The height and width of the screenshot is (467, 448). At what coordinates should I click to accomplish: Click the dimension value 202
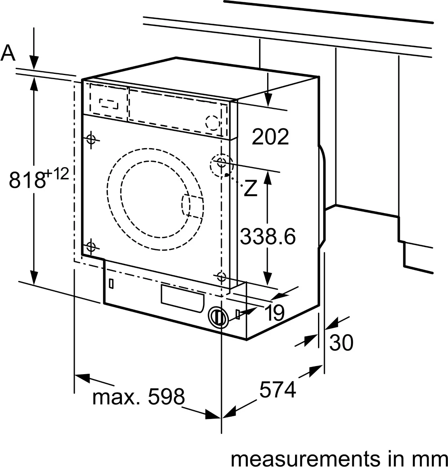click(x=270, y=137)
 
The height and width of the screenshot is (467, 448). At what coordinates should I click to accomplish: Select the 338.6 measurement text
click(x=268, y=236)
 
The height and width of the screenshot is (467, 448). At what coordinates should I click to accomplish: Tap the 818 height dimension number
click(x=27, y=180)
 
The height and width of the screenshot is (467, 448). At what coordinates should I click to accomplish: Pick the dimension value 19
click(x=274, y=312)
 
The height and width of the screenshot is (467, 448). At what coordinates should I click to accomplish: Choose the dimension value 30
click(x=341, y=343)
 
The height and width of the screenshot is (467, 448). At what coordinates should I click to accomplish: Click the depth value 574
click(x=278, y=390)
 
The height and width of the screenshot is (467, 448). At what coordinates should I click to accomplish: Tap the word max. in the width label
click(x=117, y=397)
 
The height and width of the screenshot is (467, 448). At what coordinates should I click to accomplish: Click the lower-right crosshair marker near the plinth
click(x=221, y=276)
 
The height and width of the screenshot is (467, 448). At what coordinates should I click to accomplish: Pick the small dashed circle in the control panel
click(x=213, y=123)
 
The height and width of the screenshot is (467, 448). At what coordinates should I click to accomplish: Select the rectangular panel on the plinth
click(x=182, y=298)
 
